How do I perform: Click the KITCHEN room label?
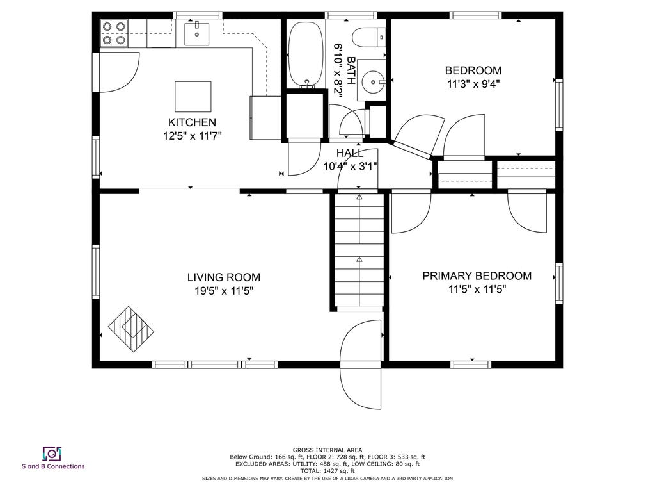pos(192,122)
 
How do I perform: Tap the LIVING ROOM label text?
pos(223,277)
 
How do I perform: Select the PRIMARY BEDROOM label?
pos(477,276)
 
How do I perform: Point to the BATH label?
pos(352,70)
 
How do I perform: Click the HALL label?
pos(350,153)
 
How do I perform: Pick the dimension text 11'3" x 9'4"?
pos(473,84)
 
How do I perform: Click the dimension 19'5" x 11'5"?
pos(225,291)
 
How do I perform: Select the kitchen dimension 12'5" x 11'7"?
pos(192,136)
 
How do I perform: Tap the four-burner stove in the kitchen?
pos(114,33)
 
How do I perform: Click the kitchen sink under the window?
pos(197,34)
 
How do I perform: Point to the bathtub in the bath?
pos(306,54)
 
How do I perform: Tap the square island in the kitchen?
pos(193,97)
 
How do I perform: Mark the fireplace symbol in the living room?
pos(130,329)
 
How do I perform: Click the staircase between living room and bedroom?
pos(359,250)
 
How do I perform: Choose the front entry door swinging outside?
pos(361,365)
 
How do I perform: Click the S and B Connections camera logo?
pos(52,454)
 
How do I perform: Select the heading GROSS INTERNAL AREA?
pos(327,450)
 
